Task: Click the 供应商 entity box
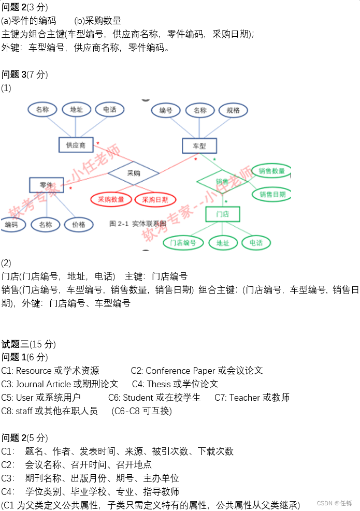coord(76,145)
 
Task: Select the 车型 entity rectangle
coord(199,146)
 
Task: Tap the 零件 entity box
coord(46,185)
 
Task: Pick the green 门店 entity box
coord(222,214)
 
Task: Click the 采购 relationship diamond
coord(133,173)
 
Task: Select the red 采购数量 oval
coord(111,199)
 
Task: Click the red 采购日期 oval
coord(155,199)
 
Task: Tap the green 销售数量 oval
coord(271,171)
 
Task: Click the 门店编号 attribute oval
coord(183,242)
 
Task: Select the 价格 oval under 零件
coord(79,225)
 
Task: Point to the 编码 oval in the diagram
coord(11,225)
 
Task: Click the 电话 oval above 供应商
coord(109,109)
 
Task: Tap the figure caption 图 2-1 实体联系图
coord(137,224)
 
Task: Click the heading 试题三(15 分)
coord(28,344)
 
